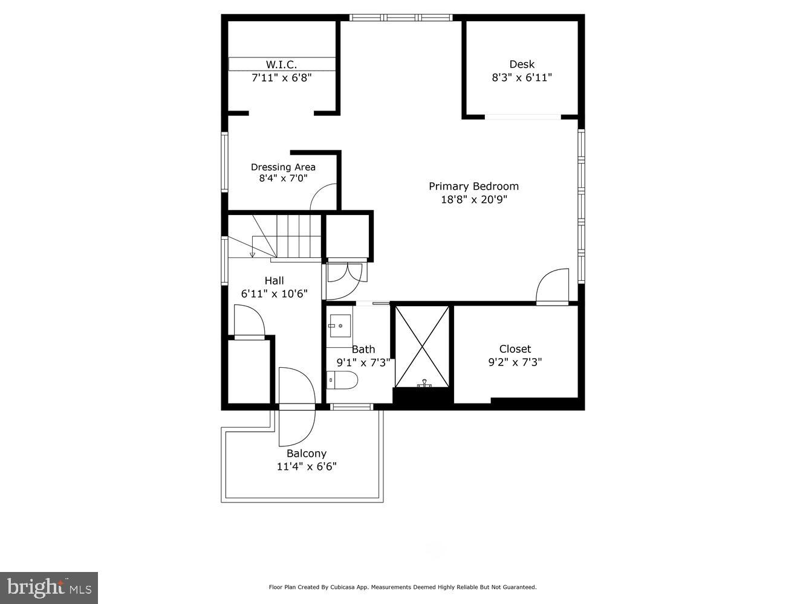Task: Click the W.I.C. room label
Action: tap(281, 65)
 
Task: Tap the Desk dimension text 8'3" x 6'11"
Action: tap(521, 78)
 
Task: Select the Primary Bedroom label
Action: tap(473, 186)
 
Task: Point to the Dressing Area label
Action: tap(283, 167)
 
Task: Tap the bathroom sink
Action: tap(340, 326)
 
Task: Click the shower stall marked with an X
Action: tap(422, 346)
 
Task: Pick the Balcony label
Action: tap(306, 454)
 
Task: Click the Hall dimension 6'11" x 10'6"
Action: tap(274, 294)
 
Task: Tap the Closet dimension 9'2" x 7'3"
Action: tap(515, 362)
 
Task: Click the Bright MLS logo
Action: tap(49, 587)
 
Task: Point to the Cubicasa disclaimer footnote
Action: tap(402, 587)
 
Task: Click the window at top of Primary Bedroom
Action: tap(401, 18)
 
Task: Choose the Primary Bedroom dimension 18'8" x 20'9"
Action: tap(473, 200)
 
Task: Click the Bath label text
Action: tap(363, 349)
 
